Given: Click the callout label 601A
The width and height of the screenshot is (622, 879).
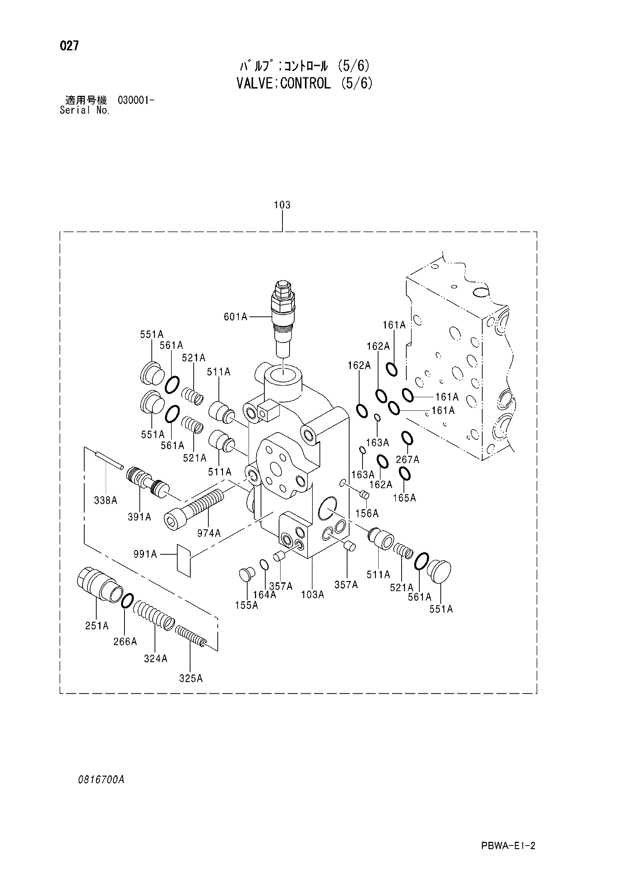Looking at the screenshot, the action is click(x=235, y=317).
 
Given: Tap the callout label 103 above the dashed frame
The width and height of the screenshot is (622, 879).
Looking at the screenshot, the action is click(x=282, y=205).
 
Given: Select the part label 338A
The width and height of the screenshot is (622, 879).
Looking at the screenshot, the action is click(x=106, y=500).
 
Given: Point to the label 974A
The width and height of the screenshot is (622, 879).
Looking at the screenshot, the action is click(x=209, y=533).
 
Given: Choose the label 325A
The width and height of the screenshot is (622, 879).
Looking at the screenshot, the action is click(x=191, y=678).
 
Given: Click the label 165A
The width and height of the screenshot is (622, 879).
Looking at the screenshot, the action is click(x=405, y=498).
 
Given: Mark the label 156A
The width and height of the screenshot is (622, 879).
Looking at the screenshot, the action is click(x=367, y=513).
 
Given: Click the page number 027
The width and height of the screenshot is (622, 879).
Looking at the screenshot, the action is click(x=69, y=46).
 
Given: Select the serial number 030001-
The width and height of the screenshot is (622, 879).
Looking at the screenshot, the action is click(x=137, y=100).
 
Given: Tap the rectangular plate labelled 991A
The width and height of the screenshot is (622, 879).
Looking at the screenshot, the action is click(x=184, y=560).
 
